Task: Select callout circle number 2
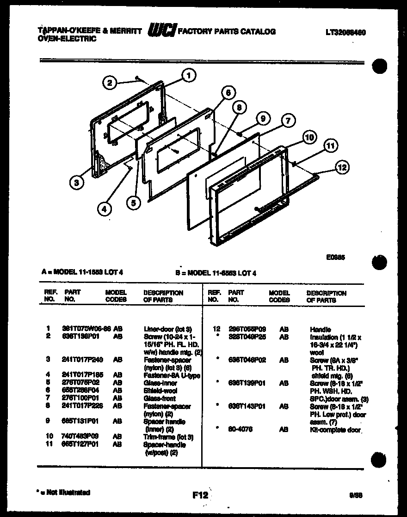coord(109,83)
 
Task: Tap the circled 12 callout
coord(343,167)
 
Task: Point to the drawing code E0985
coord(335,258)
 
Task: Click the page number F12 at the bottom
coord(200,495)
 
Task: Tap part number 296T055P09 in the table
coord(247,329)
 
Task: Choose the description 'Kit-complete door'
coord(335,429)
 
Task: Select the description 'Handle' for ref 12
coord(320,329)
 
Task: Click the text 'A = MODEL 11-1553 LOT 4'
coord(82,272)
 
